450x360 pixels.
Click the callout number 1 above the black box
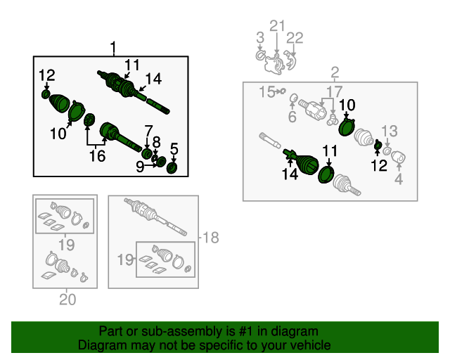coord(114,49)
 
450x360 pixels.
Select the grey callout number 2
coord(335,72)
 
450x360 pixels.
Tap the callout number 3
coord(260,38)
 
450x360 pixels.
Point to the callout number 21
coord(277,26)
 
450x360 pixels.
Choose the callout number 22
coord(295,38)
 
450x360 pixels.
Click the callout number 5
coord(174,149)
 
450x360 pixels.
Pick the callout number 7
coord(148,131)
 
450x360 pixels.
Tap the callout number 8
coord(156,142)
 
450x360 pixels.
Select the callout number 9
coord(140,167)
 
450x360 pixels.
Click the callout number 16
coord(97,156)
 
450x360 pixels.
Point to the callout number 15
coord(266,92)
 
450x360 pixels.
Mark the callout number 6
coord(292,117)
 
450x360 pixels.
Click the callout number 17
coord(335,92)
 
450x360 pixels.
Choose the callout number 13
coord(390,131)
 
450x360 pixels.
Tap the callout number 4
coord(399,179)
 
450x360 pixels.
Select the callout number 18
coord(211,238)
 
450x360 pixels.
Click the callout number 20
coord(67,300)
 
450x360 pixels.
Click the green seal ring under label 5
coord(172,168)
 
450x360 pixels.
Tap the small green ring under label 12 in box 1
coord(45,94)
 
